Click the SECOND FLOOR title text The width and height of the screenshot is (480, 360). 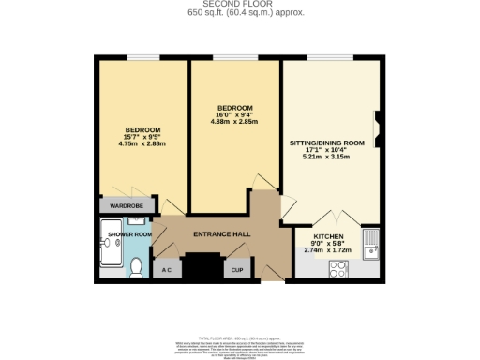239,5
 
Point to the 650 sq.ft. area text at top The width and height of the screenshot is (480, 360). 239,13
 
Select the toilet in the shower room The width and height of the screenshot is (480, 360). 137,267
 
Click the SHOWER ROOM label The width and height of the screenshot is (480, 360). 129,234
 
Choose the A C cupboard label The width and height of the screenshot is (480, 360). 167,269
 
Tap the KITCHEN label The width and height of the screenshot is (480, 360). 328,237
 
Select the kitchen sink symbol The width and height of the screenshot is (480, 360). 372,243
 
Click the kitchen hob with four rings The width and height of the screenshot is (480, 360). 337,269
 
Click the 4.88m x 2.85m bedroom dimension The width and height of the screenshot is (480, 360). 233,122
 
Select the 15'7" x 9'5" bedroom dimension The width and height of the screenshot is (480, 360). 142,136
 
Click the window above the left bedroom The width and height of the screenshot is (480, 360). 142,57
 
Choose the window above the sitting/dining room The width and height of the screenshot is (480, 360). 333,57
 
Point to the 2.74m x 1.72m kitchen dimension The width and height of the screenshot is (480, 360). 328,251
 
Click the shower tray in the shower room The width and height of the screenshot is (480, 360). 114,253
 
